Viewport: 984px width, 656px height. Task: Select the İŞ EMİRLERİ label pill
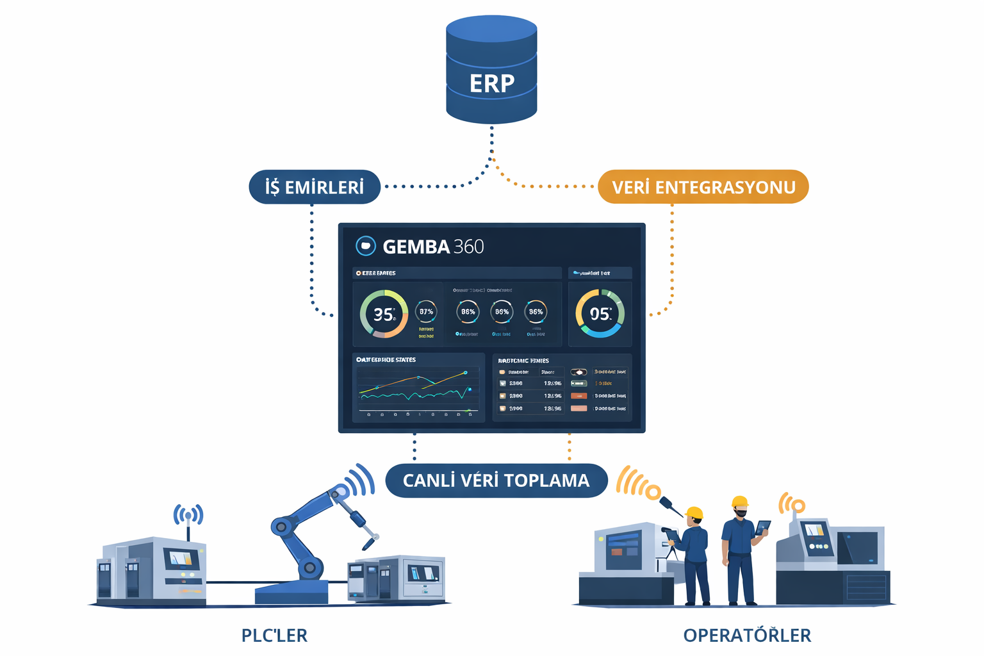(315, 187)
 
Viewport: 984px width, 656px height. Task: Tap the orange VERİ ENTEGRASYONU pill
(703, 187)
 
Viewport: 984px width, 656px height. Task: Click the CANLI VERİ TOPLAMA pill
(496, 480)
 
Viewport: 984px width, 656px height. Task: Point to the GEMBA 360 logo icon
(365, 246)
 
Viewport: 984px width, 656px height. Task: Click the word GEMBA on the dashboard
(416, 247)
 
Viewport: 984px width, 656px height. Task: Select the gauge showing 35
(384, 314)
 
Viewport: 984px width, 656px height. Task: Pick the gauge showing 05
(600, 313)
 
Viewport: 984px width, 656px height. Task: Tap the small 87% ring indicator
(426, 312)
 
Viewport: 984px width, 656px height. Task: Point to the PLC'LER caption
(274, 635)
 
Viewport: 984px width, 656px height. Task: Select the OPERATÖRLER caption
(747, 635)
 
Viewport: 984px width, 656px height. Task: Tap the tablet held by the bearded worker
(762, 527)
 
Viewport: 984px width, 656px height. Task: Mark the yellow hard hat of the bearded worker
(740, 502)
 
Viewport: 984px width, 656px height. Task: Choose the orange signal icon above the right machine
(792, 504)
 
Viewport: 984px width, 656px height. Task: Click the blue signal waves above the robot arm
(360, 481)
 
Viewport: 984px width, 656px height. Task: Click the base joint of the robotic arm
(310, 567)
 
